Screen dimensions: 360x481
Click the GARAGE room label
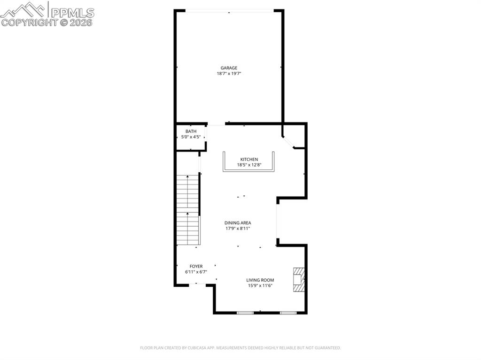pyautogui.click(x=229, y=68)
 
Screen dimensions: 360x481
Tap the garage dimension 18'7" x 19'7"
pyautogui.click(x=229, y=74)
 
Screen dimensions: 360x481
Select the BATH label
pyautogui.click(x=191, y=131)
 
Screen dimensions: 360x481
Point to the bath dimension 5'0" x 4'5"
pyautogui.click(x=191, y=137)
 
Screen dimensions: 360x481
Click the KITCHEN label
pyautogui.click(x=249, y=160)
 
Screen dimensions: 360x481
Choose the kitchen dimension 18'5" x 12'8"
pyautogui.click(x=249, y=165)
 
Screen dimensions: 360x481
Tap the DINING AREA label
pyautogui.click(x=238, y=223)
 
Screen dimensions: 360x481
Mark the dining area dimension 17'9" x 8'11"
pyautogui.click(x=238, y=229)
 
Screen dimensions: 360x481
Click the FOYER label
pyautogui.click(x=196, y=266)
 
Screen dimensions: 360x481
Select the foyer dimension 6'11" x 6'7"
pyautogui.click(x=196, y=272)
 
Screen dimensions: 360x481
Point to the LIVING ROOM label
pyautogui.click(x=260, y=280)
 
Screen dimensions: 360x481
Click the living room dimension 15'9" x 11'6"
pyautogui.click(x=260, y=286)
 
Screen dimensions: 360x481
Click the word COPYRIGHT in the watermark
pyautogui.click(x=29, y=22)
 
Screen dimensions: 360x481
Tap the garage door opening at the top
pyautogui.click(x=229, y=11)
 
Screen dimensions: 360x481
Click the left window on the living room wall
pyautogui.click(x=245, y=313)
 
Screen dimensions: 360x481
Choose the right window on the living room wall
pyautogui.click(x=288, y=313)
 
